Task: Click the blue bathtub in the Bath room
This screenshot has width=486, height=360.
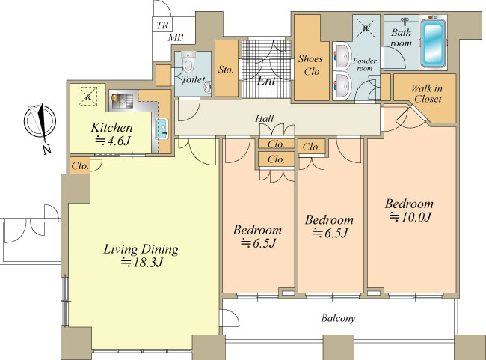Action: tap(433, 42)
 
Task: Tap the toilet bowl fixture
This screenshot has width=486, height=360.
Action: tap(188, 62)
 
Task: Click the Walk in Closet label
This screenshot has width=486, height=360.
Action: tap(426, 94)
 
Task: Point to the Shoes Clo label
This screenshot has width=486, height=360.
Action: tap(310, 65)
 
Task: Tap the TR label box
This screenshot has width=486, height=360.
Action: tap(162, 25)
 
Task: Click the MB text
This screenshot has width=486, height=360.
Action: tap(176, 38)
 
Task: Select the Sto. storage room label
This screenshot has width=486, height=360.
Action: tap(226, 70)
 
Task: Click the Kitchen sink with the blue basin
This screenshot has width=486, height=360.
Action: tap(162, 128)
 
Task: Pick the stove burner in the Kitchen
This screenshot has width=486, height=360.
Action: tap(115, 97)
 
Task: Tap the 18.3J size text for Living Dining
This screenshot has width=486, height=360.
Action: tap(141, 263)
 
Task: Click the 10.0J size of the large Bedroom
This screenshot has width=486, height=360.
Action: tap(410, 216)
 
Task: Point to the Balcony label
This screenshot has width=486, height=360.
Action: tap(338, 318)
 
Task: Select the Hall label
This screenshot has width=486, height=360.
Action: tap(265, 118)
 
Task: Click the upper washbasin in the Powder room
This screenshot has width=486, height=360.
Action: tap(342, 56)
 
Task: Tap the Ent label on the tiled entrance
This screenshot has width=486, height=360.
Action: tap(267, 81)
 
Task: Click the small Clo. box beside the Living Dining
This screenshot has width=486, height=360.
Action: tap(80, 165)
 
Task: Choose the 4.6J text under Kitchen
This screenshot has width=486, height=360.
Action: tap(112, 141)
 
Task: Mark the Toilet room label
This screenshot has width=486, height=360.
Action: tap(193, 79)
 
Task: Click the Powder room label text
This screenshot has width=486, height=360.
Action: tap(365, 64)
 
